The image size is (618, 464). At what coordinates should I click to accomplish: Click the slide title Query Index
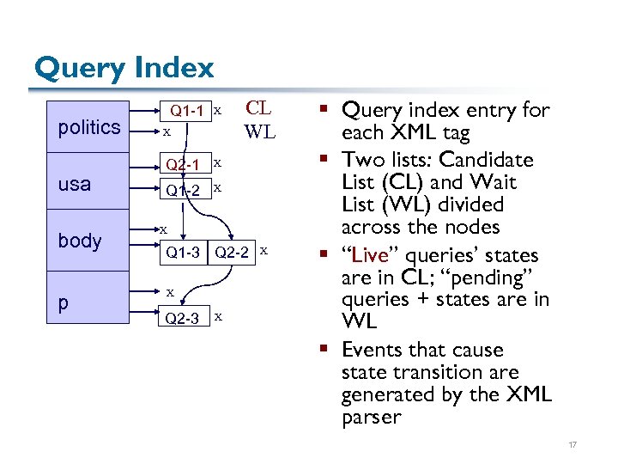click(124, 67)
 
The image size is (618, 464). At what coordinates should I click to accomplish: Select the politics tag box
click(88, 128)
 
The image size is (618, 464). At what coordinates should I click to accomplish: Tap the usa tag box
click(75, 184)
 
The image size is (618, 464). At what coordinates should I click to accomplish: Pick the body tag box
click(80, 241)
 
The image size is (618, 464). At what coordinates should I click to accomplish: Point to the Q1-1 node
click(186, 111)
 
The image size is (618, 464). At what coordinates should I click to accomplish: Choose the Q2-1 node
click(183, 164)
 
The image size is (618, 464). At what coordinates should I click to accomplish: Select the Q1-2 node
click(183, 189)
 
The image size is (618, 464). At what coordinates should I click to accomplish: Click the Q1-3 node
click(183, 252)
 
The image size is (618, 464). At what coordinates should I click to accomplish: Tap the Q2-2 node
click(233, 252)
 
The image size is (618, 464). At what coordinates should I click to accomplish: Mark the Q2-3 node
click(183, 318)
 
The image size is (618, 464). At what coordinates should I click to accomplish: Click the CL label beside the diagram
click(258, 108)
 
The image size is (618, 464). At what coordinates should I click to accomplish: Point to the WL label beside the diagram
click(259, 131)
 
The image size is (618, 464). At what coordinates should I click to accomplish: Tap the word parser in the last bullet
click(371, 418)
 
